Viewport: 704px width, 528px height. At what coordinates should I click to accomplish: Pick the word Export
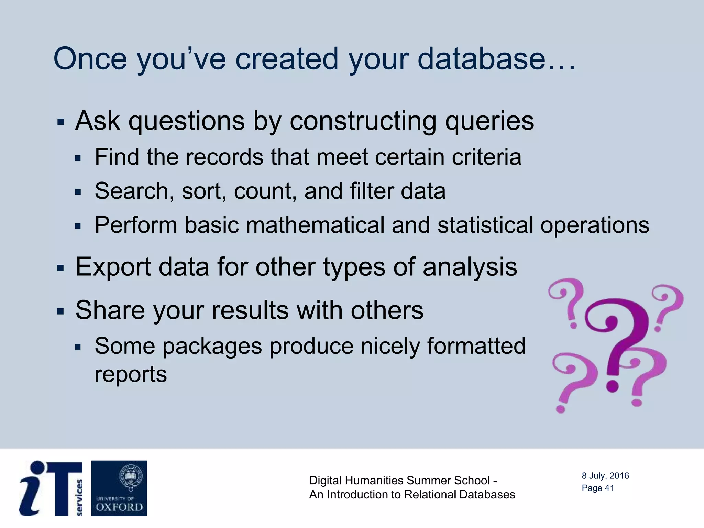[x=113, y=267]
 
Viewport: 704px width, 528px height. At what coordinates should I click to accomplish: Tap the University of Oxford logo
[x=119, y=488]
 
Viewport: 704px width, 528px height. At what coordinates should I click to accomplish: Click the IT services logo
[x=52, y=488]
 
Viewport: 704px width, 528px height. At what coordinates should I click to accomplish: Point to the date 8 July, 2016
[x=605, y=476]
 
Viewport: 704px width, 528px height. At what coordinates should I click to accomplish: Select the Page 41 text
[x=597, y=488]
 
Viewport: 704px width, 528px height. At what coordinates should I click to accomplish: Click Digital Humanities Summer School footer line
[x=403, y=480]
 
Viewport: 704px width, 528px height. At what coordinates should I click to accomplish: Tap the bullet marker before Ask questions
[x=61, y=122]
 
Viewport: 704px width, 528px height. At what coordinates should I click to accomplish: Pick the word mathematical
[x=315, y=225]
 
